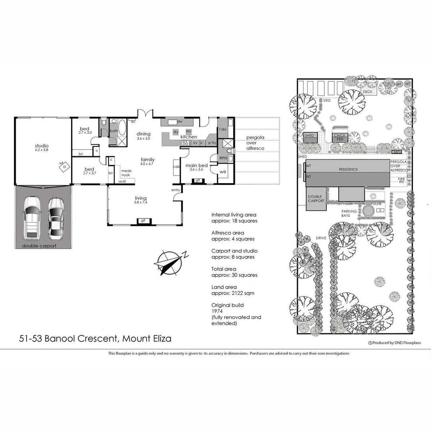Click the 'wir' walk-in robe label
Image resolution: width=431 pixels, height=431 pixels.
[x=223, y=172]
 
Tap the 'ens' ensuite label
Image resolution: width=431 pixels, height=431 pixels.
[x=223, y=158]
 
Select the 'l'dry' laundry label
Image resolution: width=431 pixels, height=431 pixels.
[x=223, y=129]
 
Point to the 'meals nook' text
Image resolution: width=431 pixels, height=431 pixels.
[x=126, y=173]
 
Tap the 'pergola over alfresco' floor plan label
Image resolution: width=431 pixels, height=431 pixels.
[x=255, y=142]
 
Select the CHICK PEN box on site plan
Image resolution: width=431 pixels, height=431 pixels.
[x=339, y=137]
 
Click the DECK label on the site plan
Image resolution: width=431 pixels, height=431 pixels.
[x=367, y=92]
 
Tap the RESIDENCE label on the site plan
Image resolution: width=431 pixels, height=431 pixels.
[x=348, y=169]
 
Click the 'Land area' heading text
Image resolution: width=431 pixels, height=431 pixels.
[x=224, y=287]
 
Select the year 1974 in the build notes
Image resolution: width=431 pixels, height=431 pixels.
[x=217, y=311]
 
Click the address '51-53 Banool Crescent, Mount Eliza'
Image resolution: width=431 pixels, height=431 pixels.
[x=95, y=339]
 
